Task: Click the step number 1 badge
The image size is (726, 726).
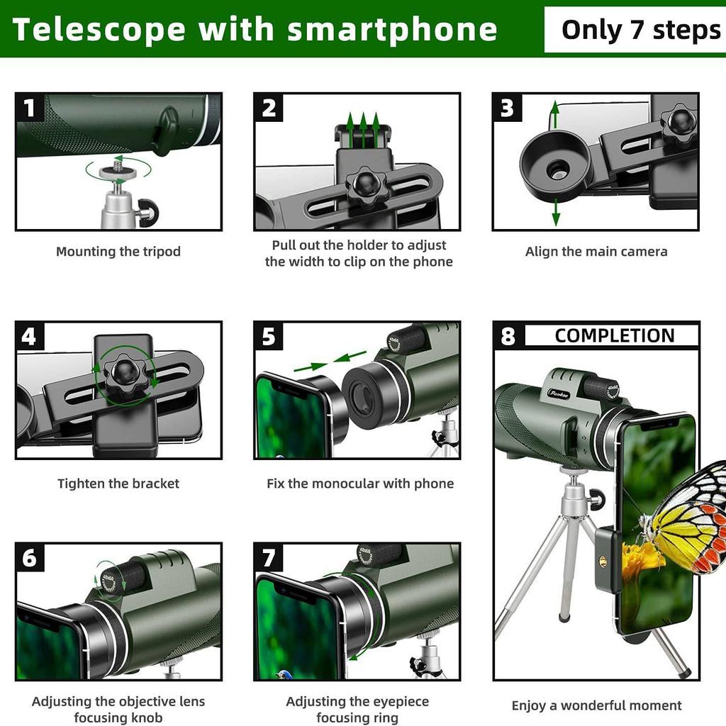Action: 29,108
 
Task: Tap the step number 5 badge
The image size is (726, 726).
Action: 268,336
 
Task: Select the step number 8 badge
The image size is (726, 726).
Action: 508,336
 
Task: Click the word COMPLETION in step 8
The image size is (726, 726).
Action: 614,336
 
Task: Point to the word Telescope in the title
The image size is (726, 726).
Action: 99,30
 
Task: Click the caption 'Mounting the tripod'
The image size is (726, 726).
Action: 118,252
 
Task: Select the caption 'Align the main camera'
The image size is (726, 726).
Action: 596,252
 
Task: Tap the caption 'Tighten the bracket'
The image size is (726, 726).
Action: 118,484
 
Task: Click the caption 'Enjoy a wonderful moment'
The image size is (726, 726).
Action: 596,705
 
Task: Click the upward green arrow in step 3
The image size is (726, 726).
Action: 555,113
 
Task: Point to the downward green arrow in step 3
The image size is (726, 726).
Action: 555,213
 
